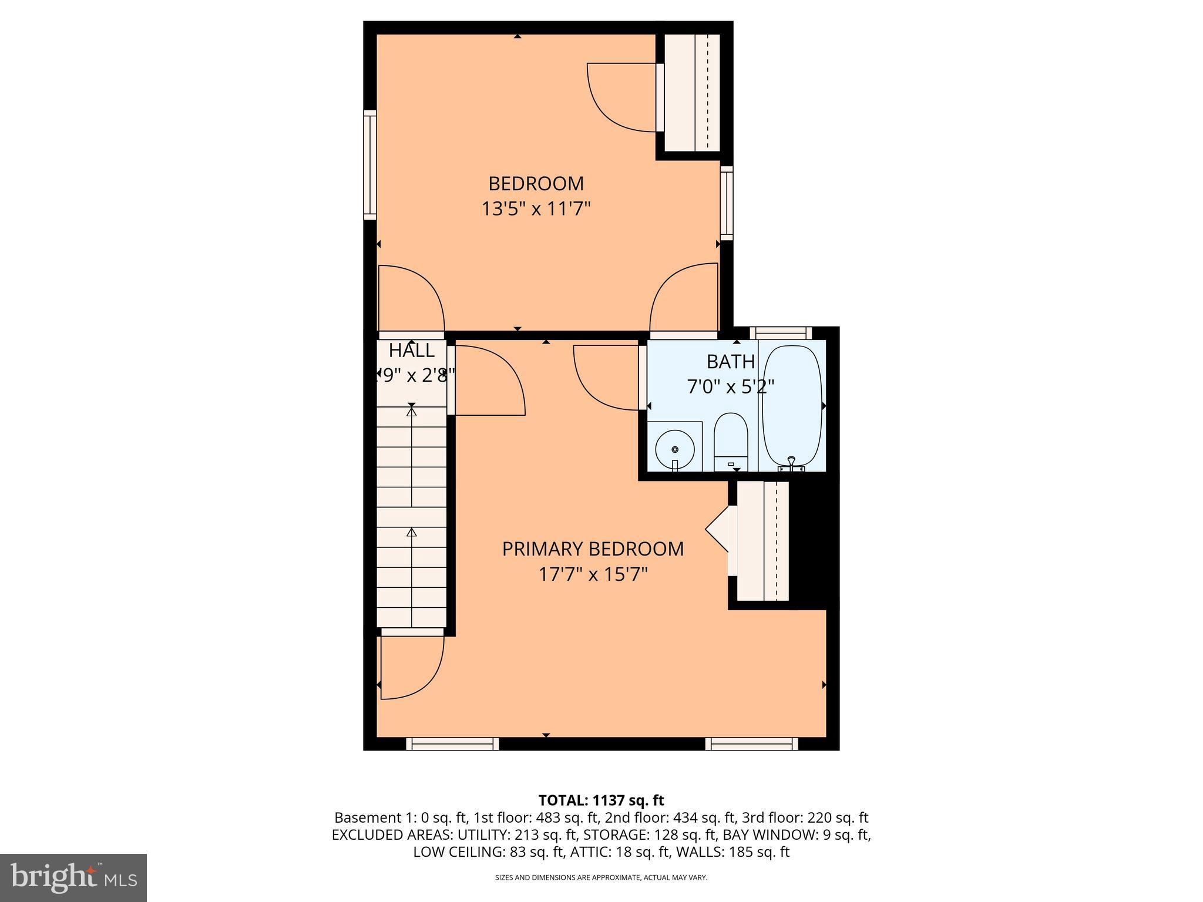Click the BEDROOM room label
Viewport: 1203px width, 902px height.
pyautogui.click(x=536, y=184)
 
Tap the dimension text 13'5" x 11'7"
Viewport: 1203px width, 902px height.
pyautogui.click(x=536, y=209)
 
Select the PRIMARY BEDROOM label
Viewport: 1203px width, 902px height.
pyautogui.click(x=593, y=549)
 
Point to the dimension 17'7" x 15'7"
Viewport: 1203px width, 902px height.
pyautogui.click(x=593, y=574)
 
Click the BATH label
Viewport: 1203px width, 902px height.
pyautogui.click(x=730, y=362)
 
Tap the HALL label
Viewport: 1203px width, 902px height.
pyautogui.click(x=412, y=351)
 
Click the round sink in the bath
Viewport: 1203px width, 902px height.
pyautogui.click(x=675, y=449)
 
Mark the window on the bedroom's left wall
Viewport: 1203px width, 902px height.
pyautogui.click(x=369, y=165)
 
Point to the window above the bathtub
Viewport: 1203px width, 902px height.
pyautogui.click(x=781, y=333)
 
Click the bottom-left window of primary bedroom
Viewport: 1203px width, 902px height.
pyautogui.click(x=452, y=744)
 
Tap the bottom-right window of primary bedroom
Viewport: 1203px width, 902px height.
pyautogui.click(x=751, y=744)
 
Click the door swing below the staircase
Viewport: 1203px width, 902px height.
pyautogui.click(x=411, y=667)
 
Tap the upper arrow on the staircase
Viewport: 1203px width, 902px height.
pyautogui.click(x=411, y=412)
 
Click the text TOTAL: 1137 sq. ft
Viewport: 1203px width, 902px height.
pyautogui.click(x=601, y=800)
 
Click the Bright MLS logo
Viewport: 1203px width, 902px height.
pyautogui.click(x=73, y=877)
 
